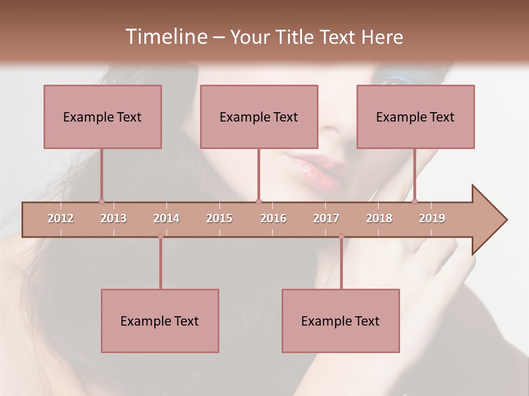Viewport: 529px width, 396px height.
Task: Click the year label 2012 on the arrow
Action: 61,218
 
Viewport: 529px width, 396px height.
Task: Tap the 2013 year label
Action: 114,218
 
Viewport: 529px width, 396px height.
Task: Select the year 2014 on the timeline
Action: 166,218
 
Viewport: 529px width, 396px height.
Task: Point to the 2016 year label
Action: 273,218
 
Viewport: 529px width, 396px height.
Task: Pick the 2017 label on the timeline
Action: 326,218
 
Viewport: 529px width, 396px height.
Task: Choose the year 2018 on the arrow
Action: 379,218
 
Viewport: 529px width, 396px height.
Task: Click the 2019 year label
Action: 432,218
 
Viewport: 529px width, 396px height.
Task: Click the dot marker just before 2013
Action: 101,202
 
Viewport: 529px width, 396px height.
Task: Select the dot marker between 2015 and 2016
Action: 258,202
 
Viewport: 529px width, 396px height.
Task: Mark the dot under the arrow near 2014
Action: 160,237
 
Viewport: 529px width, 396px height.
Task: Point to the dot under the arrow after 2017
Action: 341,237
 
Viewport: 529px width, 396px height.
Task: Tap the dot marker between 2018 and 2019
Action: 414,202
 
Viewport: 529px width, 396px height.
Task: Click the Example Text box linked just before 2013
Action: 102,117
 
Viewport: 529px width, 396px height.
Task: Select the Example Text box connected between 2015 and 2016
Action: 259,117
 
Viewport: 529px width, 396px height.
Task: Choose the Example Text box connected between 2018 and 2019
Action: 415,117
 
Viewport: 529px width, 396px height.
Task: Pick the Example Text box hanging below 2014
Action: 160,321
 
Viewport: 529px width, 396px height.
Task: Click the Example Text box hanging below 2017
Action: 341,321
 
